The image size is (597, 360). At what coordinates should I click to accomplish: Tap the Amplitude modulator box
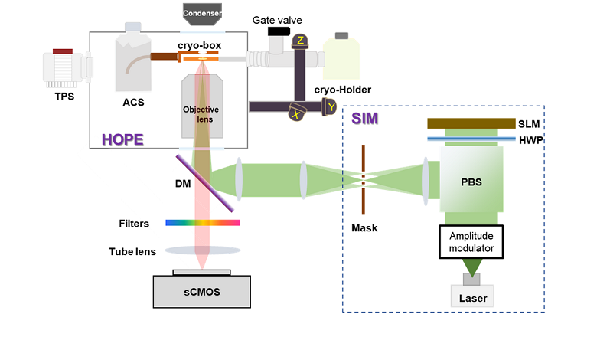click(471, 241)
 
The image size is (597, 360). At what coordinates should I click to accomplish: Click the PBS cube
click(471, 181)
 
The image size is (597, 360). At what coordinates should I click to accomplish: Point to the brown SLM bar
click(471, 123)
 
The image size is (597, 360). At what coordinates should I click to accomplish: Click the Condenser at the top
click(203, 13)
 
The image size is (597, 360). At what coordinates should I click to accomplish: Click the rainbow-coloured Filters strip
click(203, 223)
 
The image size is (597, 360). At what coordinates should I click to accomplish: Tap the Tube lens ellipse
click(203, 250)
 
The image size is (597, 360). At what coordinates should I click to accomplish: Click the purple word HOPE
click(122, 139)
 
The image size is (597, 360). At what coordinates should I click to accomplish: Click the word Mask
click(364, 227)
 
